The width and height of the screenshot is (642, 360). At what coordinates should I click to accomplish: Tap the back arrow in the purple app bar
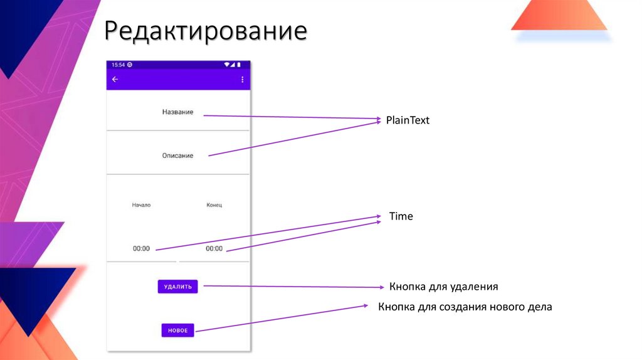pos(115,80)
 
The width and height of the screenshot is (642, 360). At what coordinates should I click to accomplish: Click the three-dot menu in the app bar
pos(243,80)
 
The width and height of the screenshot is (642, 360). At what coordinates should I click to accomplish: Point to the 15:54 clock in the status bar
pos(118,65)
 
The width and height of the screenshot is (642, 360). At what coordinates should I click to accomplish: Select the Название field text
pos(177,112)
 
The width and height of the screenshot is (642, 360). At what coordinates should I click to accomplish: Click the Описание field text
pos(177,155)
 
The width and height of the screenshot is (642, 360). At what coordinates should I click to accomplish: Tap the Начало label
pos(141,205)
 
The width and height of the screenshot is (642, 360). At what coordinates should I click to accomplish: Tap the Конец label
pos(214,205)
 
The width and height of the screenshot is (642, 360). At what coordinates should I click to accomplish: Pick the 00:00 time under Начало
pos(141,248)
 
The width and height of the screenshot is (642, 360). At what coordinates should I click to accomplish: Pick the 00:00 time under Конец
pos(214,248)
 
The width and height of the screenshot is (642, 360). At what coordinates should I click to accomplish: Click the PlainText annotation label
pos(408,120)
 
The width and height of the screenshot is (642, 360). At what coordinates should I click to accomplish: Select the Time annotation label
pos(401,216)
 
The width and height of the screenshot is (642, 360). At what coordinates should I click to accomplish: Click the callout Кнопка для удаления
pos(443,287)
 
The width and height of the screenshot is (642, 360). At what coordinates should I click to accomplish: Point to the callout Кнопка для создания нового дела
pos(464,307)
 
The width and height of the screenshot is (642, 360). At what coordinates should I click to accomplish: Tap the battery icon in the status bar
pos(239,65)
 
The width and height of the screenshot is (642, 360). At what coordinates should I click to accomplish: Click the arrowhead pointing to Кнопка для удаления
pos(381,287)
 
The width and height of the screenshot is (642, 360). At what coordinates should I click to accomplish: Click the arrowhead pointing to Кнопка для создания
pos(366,306)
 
